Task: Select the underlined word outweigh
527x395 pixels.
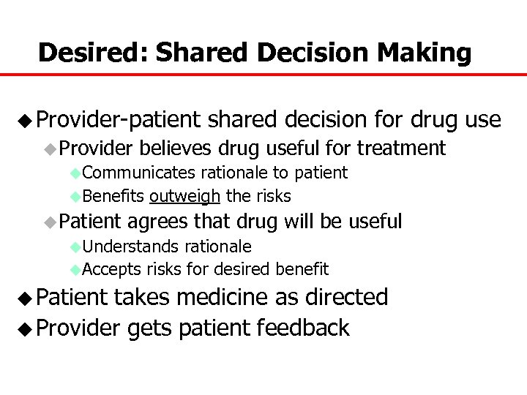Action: click(x=185, y=196)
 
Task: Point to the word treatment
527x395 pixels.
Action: click(x=401, y=148)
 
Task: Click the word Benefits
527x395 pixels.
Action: click(x=113, y=196)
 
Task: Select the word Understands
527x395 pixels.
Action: click(x=132, y=247)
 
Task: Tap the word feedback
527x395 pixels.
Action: click(x=303, y=328)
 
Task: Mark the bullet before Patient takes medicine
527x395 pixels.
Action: click(x=26, y=298)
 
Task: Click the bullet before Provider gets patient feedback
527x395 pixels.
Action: click(x=26, y=328)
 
